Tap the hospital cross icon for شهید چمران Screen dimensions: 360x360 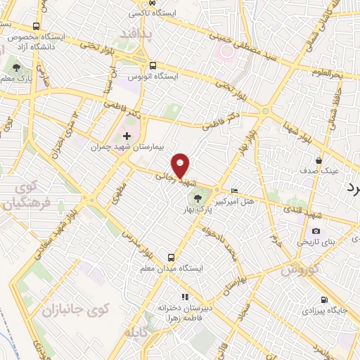[x=127, y=136]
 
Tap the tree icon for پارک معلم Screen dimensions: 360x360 [x=17, y=68]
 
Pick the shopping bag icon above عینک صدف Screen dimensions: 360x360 [x=319, y=160]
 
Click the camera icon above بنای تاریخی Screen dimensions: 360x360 [x=316, y=231]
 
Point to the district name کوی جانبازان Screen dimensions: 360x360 [x=67, y=308]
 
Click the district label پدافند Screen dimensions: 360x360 [x=132, y=33]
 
